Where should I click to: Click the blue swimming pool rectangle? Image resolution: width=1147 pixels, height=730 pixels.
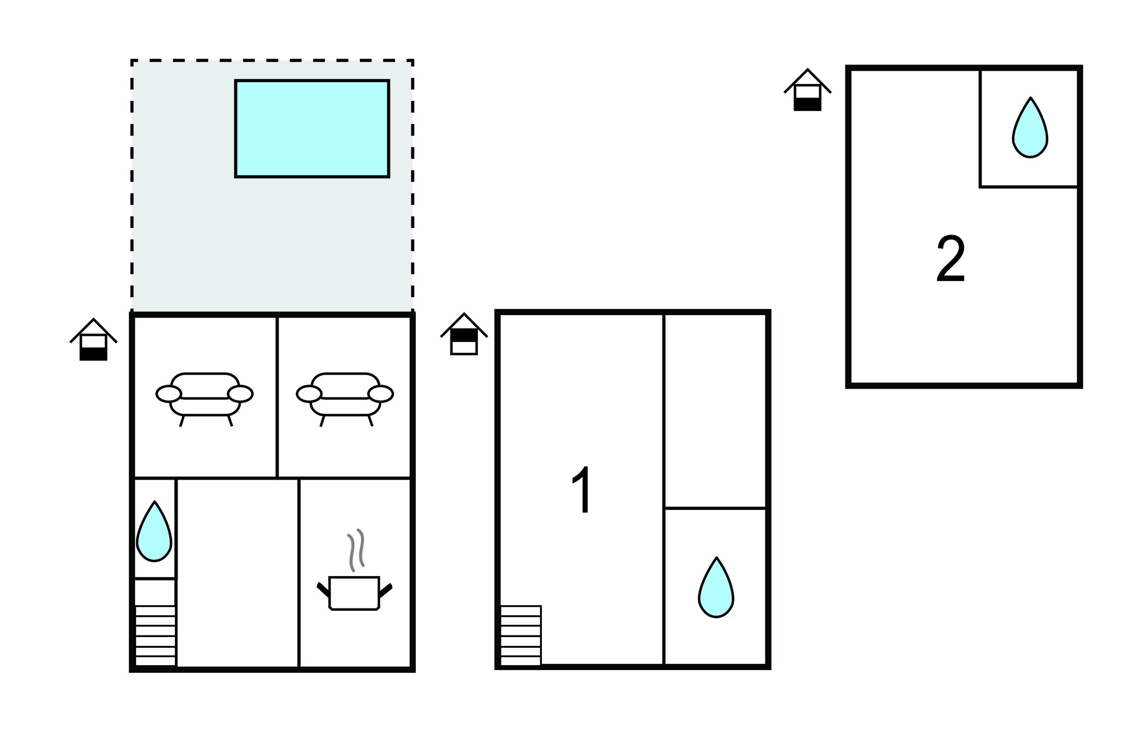point(312,129)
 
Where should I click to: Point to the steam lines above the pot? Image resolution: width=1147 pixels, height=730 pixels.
point(356,550)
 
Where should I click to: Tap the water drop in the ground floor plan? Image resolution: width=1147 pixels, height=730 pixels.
point(154,531)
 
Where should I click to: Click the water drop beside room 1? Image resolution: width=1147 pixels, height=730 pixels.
point(716,587)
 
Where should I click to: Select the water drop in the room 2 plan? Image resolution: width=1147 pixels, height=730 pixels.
point(1030,127)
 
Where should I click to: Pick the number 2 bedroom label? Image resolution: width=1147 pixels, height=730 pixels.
point(951,259)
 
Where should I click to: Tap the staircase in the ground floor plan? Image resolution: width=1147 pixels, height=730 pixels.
point(155,635)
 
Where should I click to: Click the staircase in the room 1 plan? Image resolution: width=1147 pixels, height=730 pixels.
point(521,635)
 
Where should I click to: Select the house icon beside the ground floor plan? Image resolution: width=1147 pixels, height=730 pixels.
point(94,339)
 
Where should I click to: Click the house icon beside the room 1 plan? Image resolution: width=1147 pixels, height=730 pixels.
point(464,334)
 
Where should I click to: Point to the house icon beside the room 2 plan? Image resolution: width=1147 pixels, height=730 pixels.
point(807,90)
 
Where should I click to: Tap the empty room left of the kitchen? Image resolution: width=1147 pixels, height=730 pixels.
point(238,573)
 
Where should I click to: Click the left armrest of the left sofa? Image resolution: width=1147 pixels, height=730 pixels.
point(169,394)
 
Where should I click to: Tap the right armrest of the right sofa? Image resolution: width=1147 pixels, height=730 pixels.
point(380,394)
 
